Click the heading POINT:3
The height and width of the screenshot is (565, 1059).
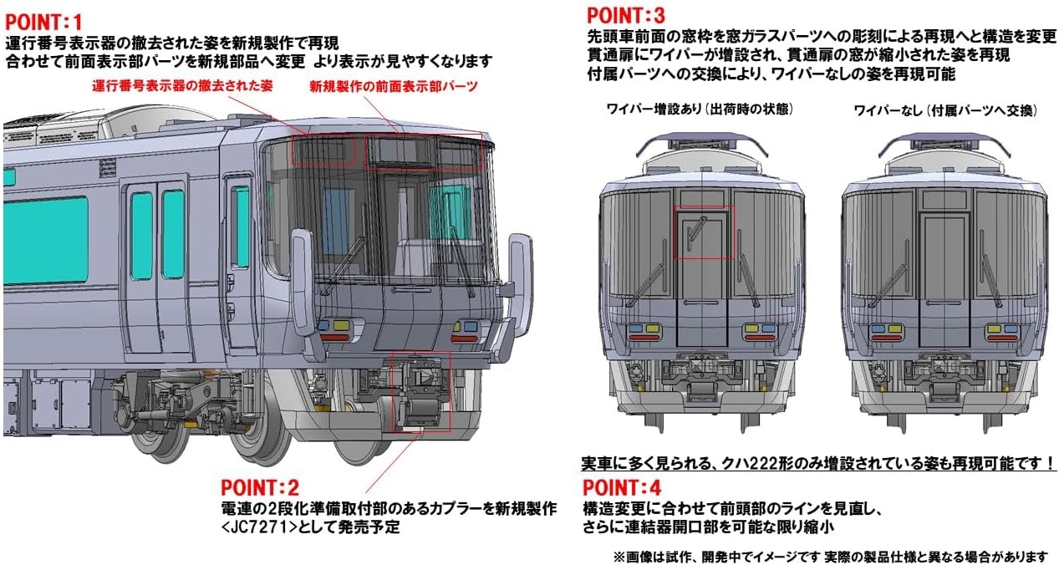click(x=626, y=15)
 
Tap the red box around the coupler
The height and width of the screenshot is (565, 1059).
click(x=420, y=391)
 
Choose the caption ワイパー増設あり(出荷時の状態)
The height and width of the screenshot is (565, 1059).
click(x=700, y=109)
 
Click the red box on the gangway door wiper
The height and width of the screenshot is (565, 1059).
click(x=704, y=232)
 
